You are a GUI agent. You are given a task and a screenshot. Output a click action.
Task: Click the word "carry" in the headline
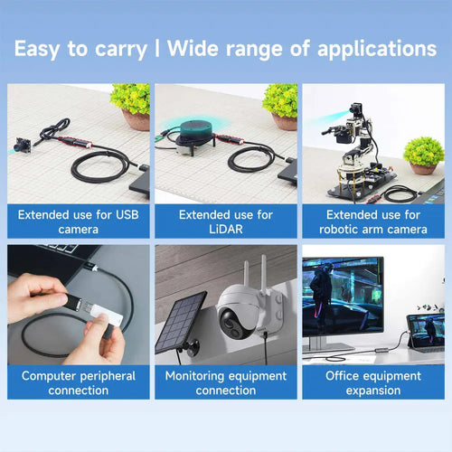121,50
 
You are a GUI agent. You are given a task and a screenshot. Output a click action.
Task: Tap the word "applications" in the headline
377,49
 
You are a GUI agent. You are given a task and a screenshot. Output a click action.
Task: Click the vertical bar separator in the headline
157,48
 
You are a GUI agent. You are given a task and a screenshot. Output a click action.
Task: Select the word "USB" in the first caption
127,215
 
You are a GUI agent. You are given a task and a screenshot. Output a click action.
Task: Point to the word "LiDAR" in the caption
226,230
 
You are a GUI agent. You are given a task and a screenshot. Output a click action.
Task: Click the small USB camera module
23,145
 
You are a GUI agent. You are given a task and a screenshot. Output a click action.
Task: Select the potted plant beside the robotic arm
424,155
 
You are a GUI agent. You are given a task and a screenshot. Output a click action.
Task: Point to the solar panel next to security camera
180,323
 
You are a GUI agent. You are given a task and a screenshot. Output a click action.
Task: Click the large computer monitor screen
343,297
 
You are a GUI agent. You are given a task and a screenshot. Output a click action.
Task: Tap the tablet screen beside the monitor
427,330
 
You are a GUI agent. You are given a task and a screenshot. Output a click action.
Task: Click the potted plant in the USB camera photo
131,107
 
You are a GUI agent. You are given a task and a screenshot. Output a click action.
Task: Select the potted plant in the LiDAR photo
281,107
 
